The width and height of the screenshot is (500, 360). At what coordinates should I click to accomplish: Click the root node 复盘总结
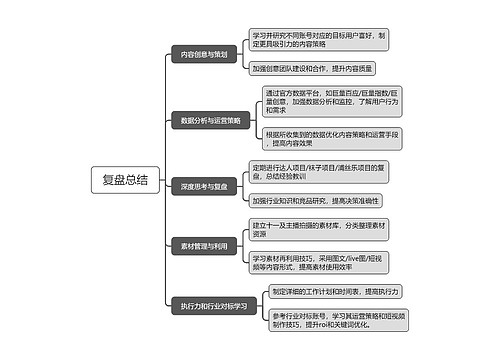coord(125,180)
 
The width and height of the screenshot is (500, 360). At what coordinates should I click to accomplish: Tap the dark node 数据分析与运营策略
coord(211,120)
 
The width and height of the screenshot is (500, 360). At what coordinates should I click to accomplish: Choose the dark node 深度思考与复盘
coord(205,186)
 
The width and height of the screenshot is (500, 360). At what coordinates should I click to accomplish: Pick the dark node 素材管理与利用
coord(205,245)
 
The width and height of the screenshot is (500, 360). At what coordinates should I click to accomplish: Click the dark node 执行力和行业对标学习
coord(214,305)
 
